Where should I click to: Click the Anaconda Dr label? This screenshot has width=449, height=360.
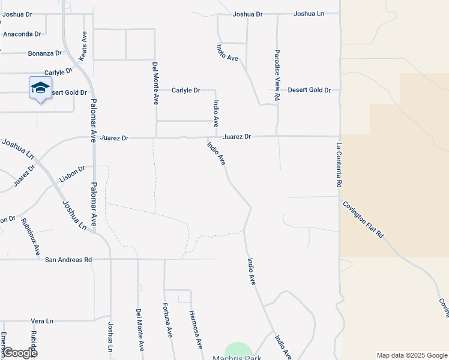(22, 34)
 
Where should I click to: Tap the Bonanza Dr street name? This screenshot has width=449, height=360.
(45, 53)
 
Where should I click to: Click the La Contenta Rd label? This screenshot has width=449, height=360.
(339, 166)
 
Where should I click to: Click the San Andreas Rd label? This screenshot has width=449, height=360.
(68, 260)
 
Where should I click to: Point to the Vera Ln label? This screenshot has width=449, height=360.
(42, 321)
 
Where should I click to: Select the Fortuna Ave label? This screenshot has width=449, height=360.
(167, 320)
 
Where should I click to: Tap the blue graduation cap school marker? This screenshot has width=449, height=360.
(41, 88)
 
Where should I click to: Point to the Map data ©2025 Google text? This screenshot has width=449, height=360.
(411, 355)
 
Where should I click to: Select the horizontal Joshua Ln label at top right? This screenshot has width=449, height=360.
(309, 14)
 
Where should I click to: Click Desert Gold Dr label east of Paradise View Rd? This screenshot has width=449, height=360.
(309, 90)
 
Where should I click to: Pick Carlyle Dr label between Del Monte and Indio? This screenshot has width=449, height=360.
(185, 90)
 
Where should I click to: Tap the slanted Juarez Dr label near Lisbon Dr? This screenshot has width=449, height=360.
(25, 175)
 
